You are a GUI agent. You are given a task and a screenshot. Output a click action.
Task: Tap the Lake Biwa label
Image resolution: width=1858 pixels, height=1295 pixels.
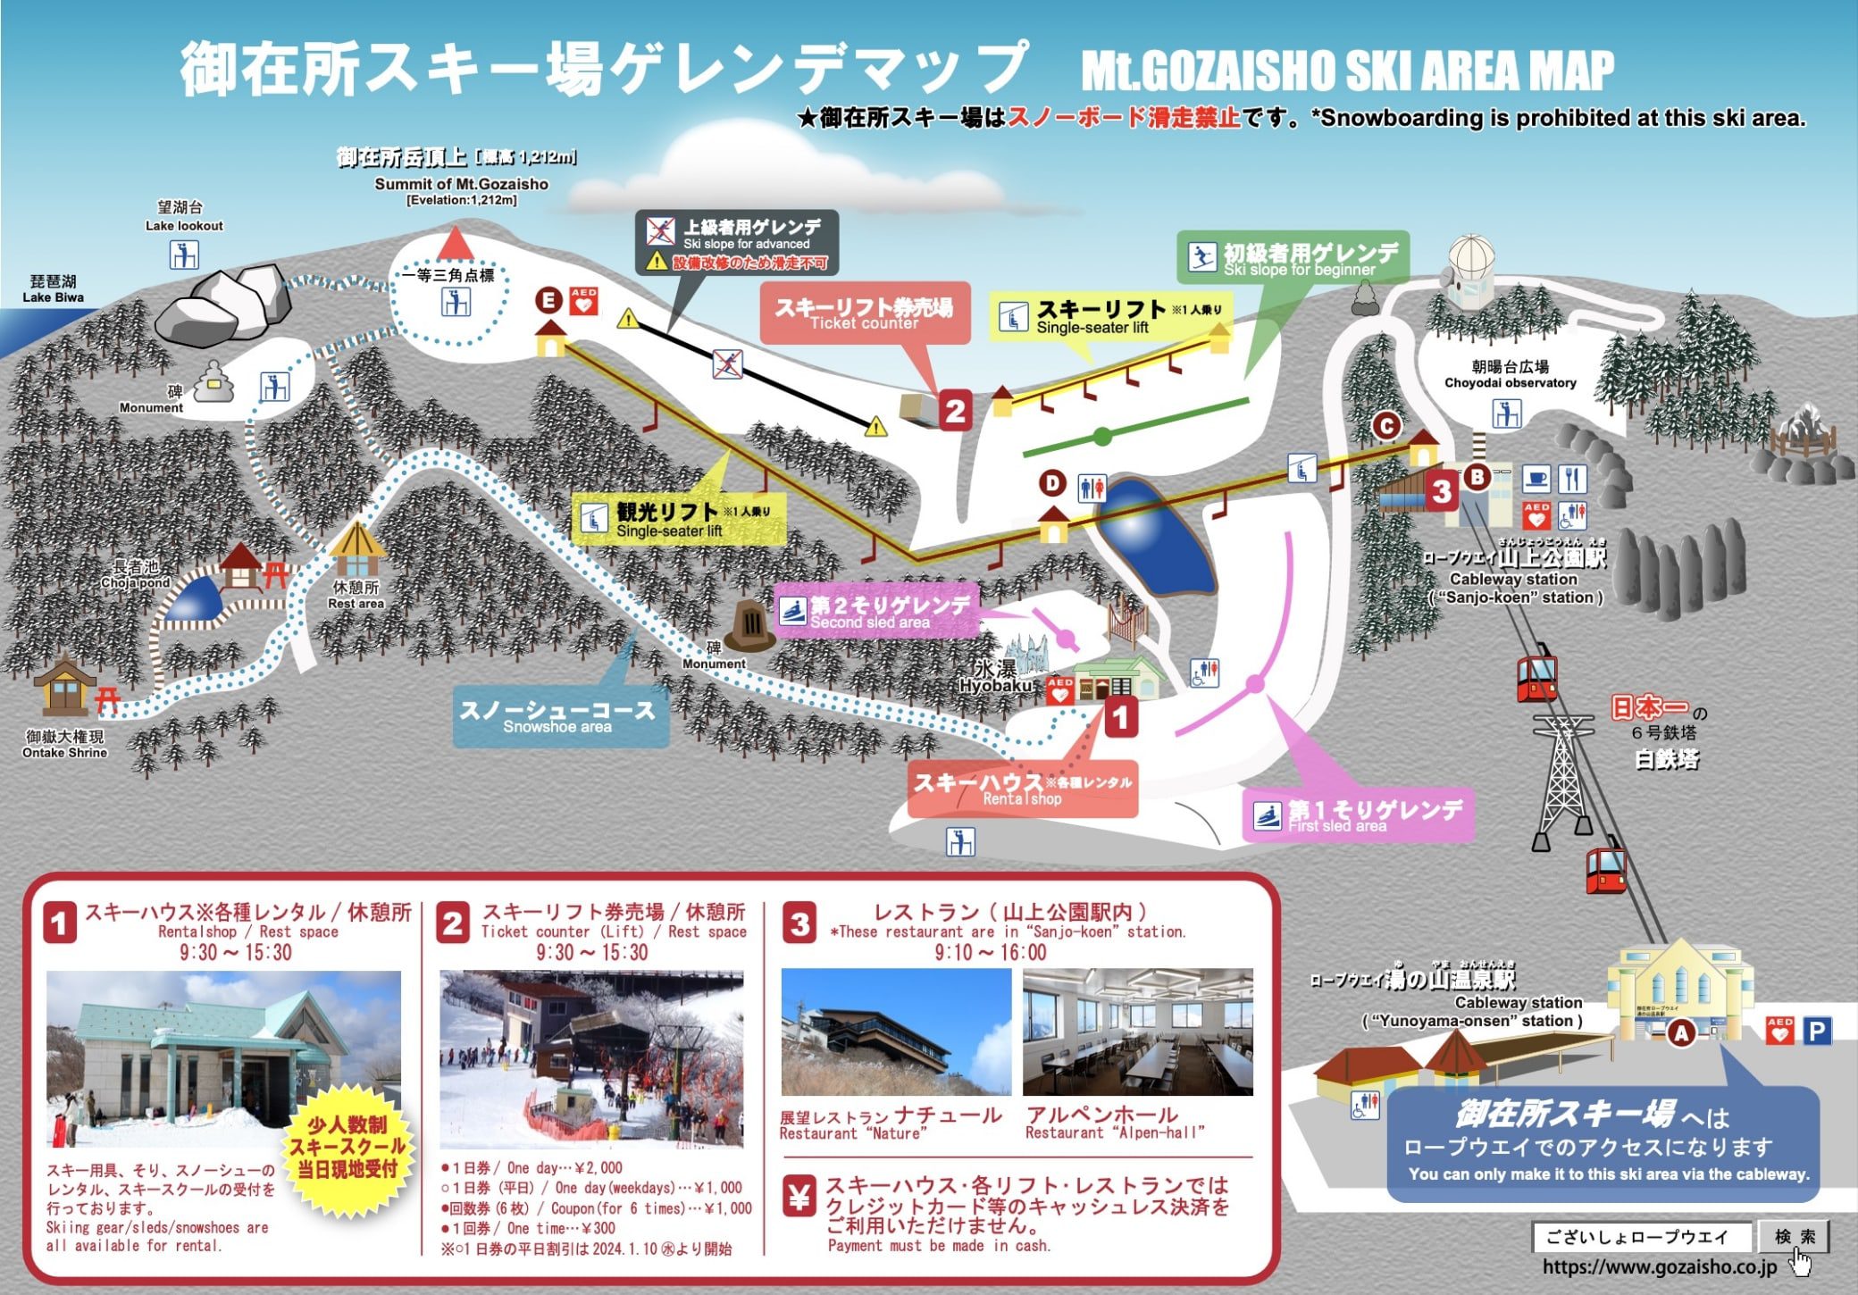pos(53,289)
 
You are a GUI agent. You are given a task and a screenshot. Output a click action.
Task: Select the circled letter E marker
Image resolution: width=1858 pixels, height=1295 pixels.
pos(548,300)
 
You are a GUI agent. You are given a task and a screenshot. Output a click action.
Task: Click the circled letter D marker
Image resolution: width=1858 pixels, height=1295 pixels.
pos(1052,484)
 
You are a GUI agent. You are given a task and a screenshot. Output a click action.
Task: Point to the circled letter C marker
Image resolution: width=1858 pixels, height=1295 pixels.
pos(1386,426)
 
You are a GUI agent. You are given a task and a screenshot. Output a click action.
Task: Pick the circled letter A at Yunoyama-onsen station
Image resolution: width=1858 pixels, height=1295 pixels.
pos(1682,1033)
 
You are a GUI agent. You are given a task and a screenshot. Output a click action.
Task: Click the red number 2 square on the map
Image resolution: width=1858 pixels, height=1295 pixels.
pos(955,411)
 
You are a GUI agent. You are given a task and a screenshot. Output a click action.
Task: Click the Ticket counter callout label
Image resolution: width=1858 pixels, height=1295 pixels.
pos(864,314)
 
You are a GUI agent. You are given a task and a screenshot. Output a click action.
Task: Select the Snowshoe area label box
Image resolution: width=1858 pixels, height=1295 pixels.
pos(560,716)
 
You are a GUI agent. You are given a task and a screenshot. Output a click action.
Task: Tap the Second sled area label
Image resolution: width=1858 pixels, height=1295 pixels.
pos(875,612)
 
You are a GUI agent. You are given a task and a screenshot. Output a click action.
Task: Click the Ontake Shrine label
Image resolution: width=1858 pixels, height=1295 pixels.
pos(64,744)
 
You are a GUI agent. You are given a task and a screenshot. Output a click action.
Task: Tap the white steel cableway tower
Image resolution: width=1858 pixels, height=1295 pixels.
pos(1561,777)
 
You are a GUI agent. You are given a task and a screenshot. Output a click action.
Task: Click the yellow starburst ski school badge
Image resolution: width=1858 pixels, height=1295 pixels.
pos(346,1147)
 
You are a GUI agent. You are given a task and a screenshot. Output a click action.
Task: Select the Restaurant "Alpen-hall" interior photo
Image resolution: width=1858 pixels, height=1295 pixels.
pos(1137,1032)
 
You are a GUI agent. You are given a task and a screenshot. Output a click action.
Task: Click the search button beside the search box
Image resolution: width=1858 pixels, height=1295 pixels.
pos(1794,1236)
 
